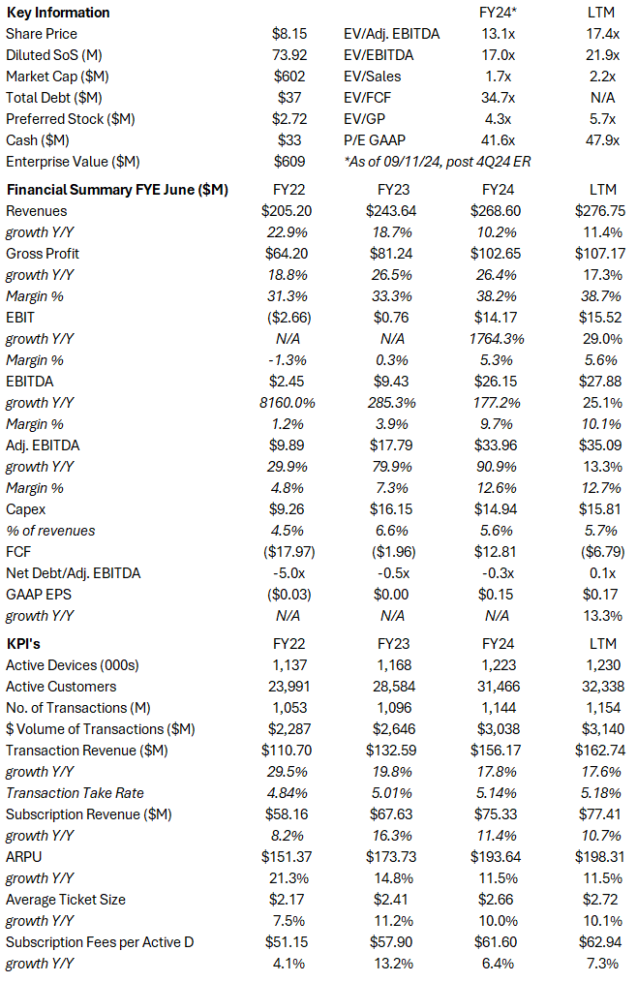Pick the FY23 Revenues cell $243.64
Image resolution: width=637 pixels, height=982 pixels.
(x=392, y=211)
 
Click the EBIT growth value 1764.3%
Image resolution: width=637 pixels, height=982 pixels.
(x=497, y=339)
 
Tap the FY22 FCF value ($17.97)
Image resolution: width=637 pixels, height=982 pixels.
(x=288, y=552)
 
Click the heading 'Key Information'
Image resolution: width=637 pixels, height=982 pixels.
(x=58, y=13)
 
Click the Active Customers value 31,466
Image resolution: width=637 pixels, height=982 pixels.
(x=497, y=686)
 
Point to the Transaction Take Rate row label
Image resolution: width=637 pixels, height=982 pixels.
(x=75, y=792)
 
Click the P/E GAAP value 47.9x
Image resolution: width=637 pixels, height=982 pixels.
(x=602, y=140)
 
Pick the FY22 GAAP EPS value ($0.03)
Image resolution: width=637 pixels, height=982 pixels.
(x=288, y=595)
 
